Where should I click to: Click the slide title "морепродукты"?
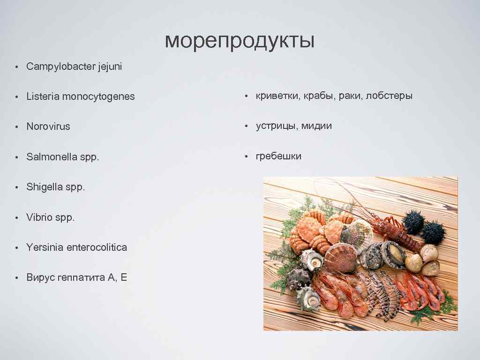240,41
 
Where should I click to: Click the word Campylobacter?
61,67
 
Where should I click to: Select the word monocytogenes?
98,97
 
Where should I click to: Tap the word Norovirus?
48,127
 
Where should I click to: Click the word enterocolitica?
97,247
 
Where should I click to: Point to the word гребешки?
278,156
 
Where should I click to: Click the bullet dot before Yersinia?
16,247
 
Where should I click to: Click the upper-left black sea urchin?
413,222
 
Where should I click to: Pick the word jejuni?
110,67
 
